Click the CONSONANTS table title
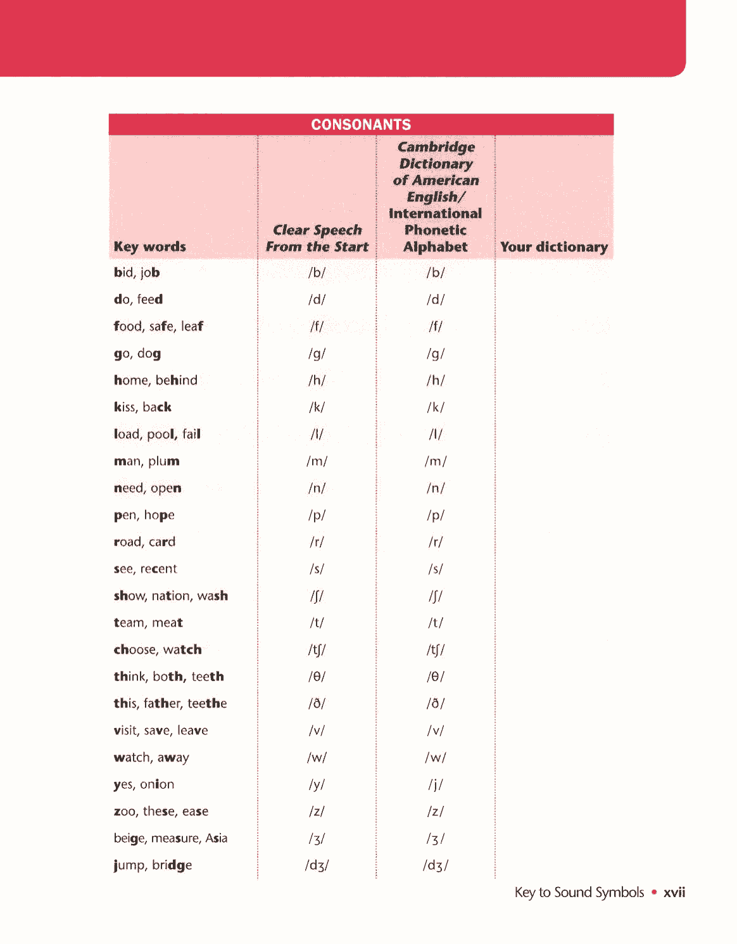point(361,124)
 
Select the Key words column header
point(150,246)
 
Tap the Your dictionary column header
point(554,246)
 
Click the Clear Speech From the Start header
point(317,238)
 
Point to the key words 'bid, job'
point(137,272)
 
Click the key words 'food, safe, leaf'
point(158,326)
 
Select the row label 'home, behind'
point(156,380)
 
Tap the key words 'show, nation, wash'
point(171,596)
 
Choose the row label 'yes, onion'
point(144,784)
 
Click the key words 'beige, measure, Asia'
point(170,838)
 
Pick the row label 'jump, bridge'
point(153,865)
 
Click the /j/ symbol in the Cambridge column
point(436,785)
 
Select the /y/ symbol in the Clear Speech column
point(317,785)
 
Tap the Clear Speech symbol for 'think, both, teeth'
point(317,677)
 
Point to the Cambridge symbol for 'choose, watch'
point(436,650)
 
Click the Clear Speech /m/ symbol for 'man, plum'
point(317,461)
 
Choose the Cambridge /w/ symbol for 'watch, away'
point(436,758)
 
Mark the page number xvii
point(674,893)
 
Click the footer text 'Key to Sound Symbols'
point(579,893)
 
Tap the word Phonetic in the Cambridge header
point(436,230)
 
